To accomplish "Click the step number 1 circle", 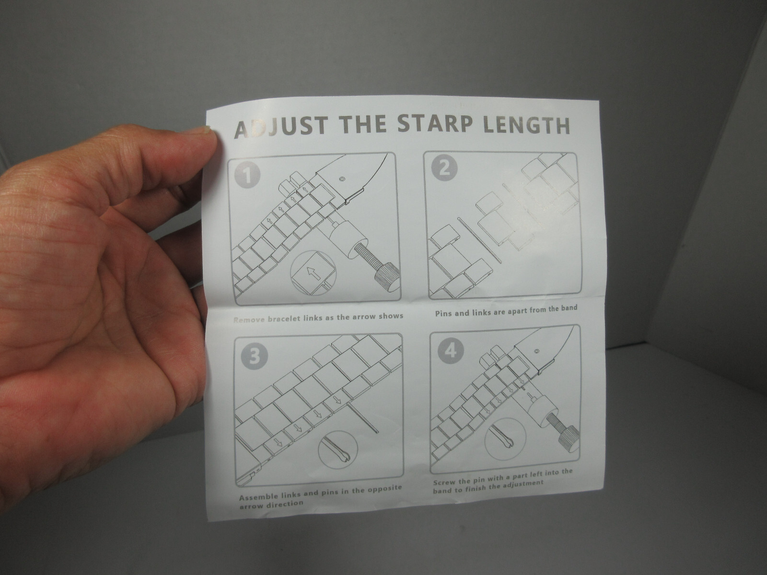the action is pyautogui.click(x=247, y=175).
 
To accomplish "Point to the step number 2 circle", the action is pyautogui.click(x=444, y=169).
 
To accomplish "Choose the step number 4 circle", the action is pyautogui.click(x=451, y=351).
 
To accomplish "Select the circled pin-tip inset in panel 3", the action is pyautogui.click(x=338, y=451).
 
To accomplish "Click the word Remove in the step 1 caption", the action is pyautogui.click(x=249, y=320).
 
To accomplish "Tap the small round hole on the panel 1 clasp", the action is pyautogui.click(x=341, y=178).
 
